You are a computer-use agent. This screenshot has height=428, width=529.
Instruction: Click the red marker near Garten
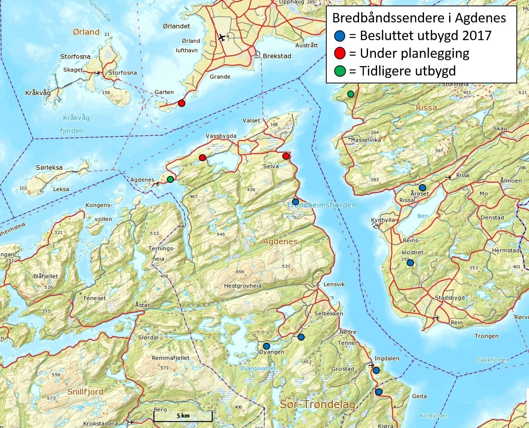(x=181, y=103)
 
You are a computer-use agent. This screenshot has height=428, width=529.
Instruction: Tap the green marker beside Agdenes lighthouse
(x=170, y=179)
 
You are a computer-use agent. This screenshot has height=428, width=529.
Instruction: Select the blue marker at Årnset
(x=422, y=188)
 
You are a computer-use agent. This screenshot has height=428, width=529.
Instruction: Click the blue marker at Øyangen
(x=266, y=346)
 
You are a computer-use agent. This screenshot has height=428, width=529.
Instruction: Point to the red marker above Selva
(x=286, y=156)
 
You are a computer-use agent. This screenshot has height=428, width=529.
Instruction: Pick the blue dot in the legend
(x=340, y=36)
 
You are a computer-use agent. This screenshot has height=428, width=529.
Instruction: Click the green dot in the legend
(x=340, y=71)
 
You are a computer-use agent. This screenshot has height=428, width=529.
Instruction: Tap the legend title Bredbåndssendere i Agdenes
(x=419, y=18)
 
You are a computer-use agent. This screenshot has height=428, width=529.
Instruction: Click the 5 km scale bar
(x=183, y=416)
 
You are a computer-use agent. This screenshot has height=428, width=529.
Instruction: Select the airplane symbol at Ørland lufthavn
(x=222, y=38)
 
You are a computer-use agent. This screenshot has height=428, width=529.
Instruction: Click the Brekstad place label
(x=277, y=56)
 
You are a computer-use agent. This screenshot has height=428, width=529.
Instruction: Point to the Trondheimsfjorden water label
(x=322, y=205)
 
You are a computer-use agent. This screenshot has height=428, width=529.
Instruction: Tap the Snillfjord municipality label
(x=85, y=392)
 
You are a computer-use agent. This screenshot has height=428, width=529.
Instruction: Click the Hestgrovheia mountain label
(x=242, y=286)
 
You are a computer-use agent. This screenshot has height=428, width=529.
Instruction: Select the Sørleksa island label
(x=49, y=168)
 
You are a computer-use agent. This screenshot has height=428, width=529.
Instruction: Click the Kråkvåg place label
(x=38, y=93)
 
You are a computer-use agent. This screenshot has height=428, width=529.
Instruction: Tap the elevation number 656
(x=240, y=272)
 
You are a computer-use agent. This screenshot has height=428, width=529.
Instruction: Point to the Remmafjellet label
(x=171, y=358)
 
